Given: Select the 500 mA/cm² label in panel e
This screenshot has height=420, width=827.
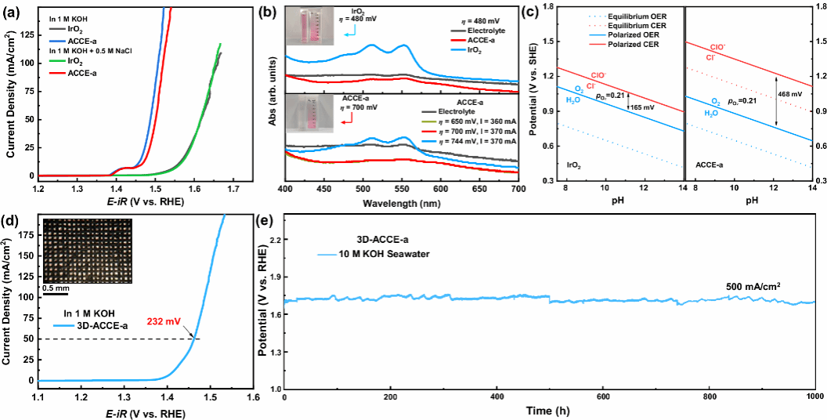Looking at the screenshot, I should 753,286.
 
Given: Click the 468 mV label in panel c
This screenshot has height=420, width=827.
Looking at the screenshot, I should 791,94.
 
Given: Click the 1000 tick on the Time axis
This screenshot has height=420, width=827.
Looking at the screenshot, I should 815,399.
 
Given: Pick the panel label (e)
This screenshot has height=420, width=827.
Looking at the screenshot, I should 269,219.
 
